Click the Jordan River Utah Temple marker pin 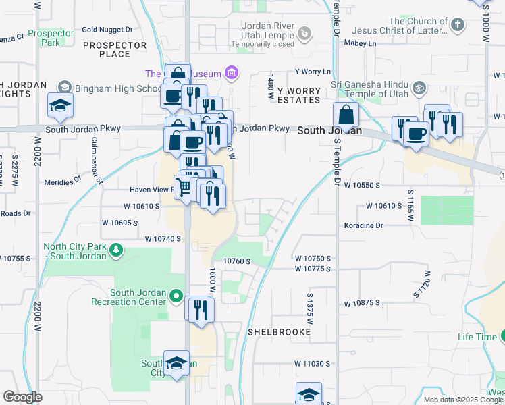[305, 32]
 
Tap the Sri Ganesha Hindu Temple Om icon [419, 87]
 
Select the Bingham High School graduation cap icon [64, 87]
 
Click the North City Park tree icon [116, 251]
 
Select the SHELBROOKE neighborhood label [279, 332]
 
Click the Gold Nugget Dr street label [107, 30]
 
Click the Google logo [23, 397]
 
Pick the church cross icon [458, 26]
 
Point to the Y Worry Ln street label [313, 72]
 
